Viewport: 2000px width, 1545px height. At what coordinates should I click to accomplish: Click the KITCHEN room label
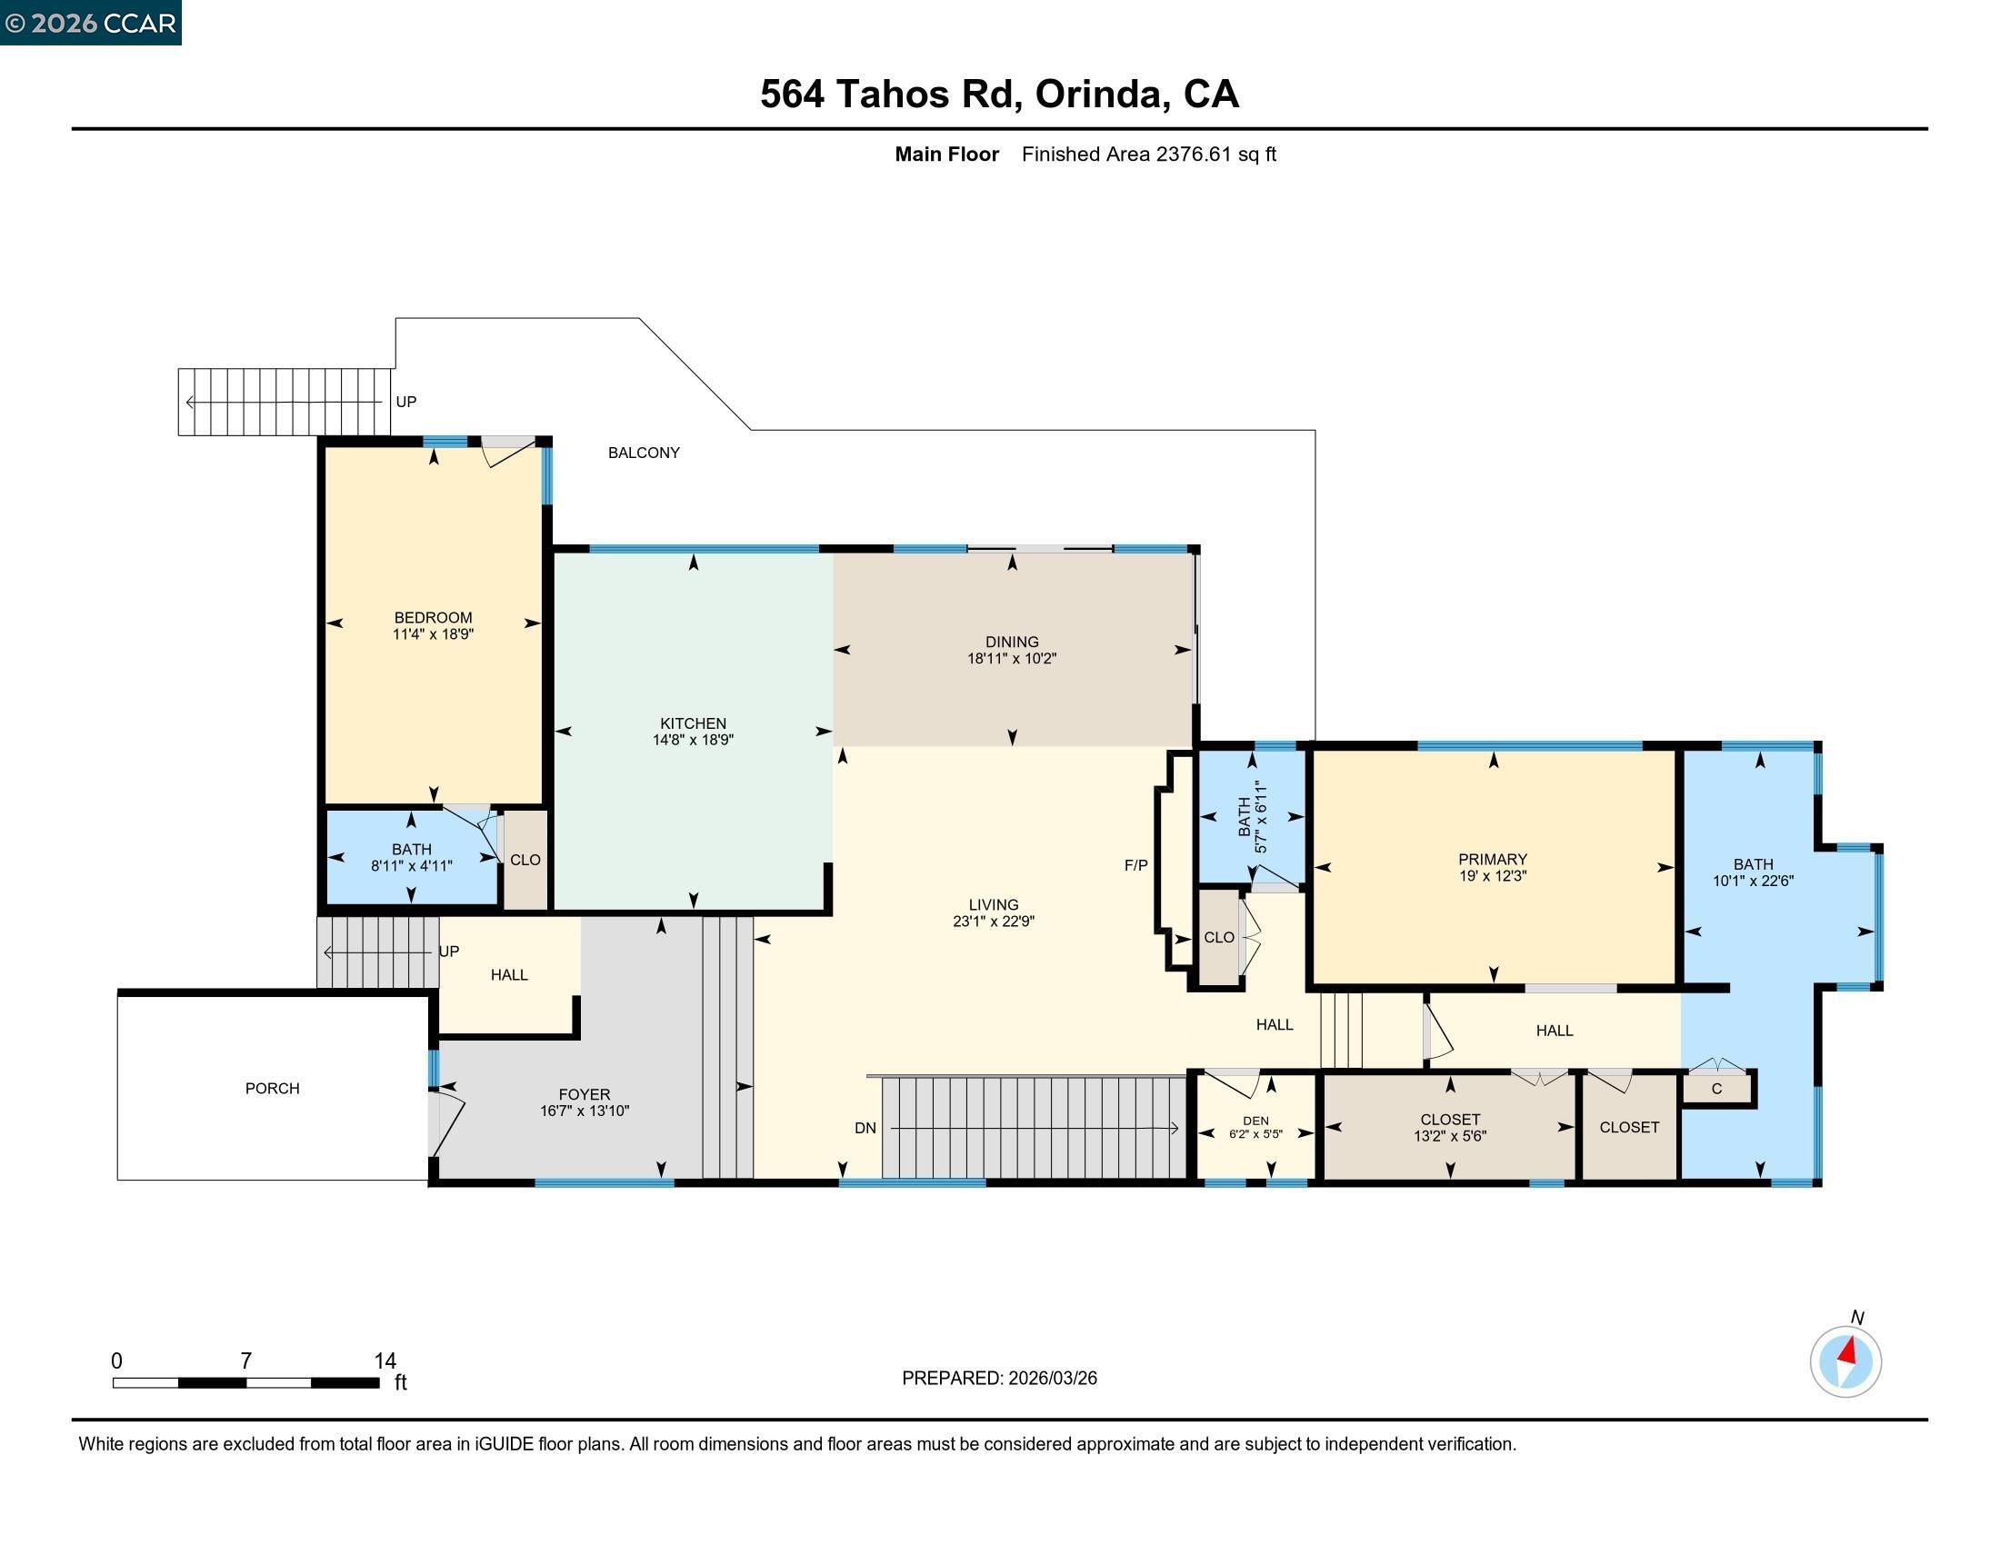click(694, 723)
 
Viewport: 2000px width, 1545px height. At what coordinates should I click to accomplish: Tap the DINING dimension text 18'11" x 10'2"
click(1012, 658)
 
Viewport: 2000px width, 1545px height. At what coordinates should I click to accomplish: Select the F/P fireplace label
click(1135, 865)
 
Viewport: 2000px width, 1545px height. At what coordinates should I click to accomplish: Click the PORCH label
click(272, 1088)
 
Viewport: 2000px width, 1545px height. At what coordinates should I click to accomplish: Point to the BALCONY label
click(644, 453)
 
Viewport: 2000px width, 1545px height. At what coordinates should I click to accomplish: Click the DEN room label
click(1255, 1121)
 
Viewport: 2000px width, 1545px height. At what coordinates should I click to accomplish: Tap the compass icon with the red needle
click(1845, 1361)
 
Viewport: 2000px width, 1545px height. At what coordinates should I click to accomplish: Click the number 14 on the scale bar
click(385, 1361)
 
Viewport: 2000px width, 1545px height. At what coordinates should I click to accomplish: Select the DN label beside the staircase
click(865, 1128)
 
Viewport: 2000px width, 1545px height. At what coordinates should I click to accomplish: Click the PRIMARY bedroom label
click(1493, 859)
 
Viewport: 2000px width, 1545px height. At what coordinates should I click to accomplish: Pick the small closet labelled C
click(1717, 1088)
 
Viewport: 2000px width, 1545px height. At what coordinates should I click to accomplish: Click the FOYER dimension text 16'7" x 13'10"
click(585, 1111)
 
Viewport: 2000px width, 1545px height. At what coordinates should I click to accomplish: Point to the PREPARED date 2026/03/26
click(1052, 1378)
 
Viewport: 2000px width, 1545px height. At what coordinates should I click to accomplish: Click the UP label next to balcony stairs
click(405, 401)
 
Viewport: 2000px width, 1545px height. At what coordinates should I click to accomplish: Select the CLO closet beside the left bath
click(525, 860)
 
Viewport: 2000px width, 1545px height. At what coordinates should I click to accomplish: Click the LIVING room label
click(993, 904)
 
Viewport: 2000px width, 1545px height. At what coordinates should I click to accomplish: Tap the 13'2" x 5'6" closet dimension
click(1450, 1136)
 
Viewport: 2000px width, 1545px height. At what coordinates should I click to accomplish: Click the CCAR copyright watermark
click(91, 23)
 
